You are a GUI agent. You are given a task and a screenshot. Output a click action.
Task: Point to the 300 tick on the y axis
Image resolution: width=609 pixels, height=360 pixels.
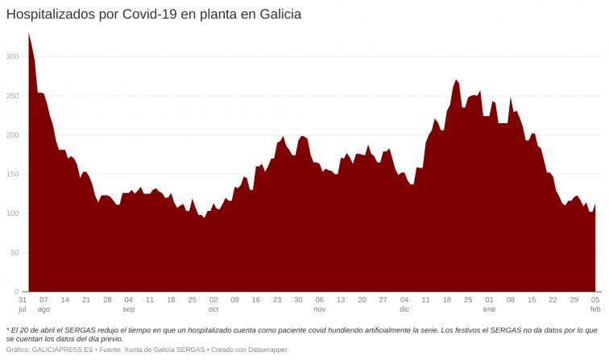tap(13, 56)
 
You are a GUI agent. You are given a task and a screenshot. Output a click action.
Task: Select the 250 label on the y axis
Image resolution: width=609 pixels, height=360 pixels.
tap(13, 96)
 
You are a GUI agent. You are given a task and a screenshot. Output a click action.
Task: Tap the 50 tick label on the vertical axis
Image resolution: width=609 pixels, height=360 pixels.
tap(15, 253)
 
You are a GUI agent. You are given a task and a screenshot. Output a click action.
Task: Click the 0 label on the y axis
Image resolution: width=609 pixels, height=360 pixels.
tap(18, 292)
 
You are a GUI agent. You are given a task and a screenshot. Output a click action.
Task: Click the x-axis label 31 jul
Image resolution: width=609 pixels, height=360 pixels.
tap(23, 304)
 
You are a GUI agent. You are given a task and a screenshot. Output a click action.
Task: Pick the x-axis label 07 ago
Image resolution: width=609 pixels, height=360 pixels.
tap(43, 304)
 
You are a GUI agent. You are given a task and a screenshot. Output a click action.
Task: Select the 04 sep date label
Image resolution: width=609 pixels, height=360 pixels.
tap(129, 304)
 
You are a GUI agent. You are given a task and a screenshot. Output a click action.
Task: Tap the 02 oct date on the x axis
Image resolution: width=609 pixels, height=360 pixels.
tap(213, 304)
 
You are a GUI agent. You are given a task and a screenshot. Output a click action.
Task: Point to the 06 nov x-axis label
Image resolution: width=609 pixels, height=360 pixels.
tap(319, 304)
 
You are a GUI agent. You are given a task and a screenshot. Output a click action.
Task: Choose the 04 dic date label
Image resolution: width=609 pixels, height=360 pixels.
tap(404, 304)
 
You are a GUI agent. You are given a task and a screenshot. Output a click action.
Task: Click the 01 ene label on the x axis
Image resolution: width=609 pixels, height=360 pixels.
tap(489, 304)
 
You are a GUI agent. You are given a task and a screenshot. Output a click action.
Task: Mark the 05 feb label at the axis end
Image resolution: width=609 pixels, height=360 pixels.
tap(595, 304)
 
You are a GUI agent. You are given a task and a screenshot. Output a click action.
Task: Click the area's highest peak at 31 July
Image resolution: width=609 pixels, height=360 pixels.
tap(29, 35)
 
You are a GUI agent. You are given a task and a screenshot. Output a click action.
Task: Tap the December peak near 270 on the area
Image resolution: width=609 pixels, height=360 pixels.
tap(457, 81)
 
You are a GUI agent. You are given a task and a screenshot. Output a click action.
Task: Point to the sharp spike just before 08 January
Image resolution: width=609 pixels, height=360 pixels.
tap(511, 99)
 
